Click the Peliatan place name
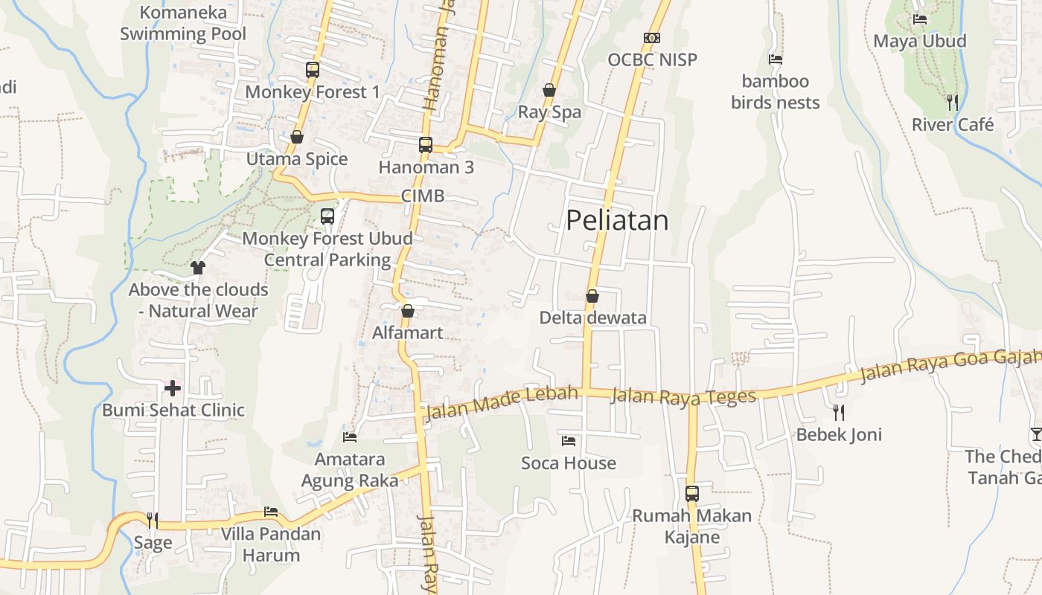[617, 220]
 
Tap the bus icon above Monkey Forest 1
[313, 70]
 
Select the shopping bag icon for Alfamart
[408, 311]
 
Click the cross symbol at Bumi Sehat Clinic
[173, 388]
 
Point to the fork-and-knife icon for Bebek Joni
[839, 412]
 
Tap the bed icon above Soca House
[569, 441]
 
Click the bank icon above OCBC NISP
[652, 37]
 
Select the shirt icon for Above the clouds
[198, 268]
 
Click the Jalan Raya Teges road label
[683, 396]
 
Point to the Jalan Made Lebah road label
[501, 402]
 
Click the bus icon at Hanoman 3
[426, 145]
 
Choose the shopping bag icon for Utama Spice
[297, 138]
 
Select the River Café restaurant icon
[952, 102]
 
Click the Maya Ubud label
[919, 41]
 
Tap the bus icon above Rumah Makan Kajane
[692, 493]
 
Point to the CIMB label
[422, 196]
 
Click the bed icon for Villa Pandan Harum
[271, 512]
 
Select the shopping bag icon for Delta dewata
[592, 296]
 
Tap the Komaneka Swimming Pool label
[183, 23]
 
